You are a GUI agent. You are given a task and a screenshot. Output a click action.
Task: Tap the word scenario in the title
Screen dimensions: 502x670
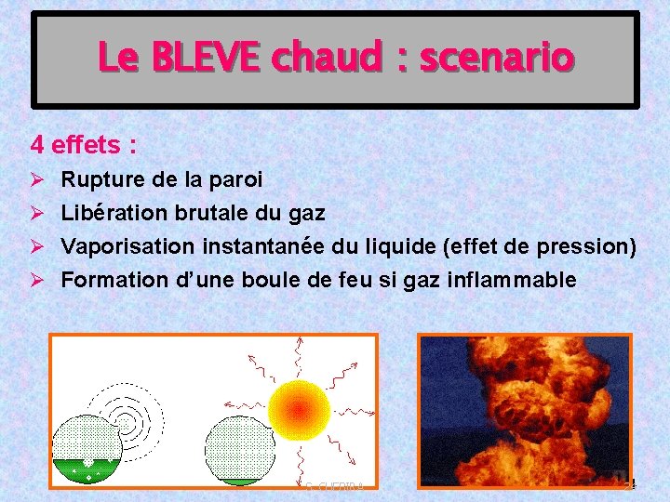[496, 59]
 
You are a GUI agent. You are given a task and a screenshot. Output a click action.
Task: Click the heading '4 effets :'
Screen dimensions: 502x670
[84, 145]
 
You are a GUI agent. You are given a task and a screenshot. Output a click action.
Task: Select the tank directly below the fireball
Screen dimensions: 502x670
[239, 452]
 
